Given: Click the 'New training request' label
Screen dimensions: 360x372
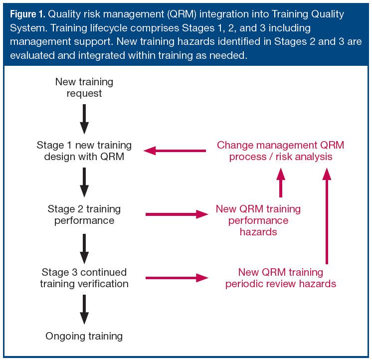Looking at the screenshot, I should click(84, 87).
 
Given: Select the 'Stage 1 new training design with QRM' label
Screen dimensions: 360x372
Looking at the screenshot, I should click(84, 151).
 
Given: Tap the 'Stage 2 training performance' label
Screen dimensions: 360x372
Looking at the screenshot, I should click(84, 214).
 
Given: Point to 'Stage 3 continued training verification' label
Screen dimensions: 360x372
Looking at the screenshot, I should click(84, 278).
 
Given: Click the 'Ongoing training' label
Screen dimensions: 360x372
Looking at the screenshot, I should click(84, 336).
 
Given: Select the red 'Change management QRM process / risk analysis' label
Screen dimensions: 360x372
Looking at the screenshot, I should click(280, 151).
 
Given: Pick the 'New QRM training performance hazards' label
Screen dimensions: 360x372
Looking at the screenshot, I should click(258, 220).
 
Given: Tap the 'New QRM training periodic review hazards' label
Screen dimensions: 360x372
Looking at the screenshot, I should click(280, 278).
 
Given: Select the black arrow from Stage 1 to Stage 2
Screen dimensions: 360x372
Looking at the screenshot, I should click(84, 182).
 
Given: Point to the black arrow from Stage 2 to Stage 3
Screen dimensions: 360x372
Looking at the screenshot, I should click(84, 246).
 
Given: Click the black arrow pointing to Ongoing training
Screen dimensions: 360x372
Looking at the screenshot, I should click(84, 310).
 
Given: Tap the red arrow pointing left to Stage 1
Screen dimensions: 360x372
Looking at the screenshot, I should click(175, 151).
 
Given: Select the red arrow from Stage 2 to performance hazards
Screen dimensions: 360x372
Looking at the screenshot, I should click(176, 214).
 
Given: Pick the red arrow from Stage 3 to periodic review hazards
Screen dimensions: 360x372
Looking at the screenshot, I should click(176, 278).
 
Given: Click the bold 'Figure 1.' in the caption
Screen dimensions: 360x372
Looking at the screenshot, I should click(25, 14).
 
